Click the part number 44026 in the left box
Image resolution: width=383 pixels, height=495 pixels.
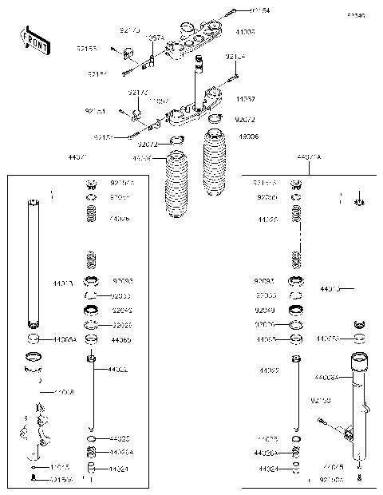120,218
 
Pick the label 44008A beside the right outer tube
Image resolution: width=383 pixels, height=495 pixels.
326,376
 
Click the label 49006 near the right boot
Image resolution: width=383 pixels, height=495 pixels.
247,137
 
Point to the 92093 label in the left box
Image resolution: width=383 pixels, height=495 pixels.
122,281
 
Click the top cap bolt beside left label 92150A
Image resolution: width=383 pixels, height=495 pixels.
93,184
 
